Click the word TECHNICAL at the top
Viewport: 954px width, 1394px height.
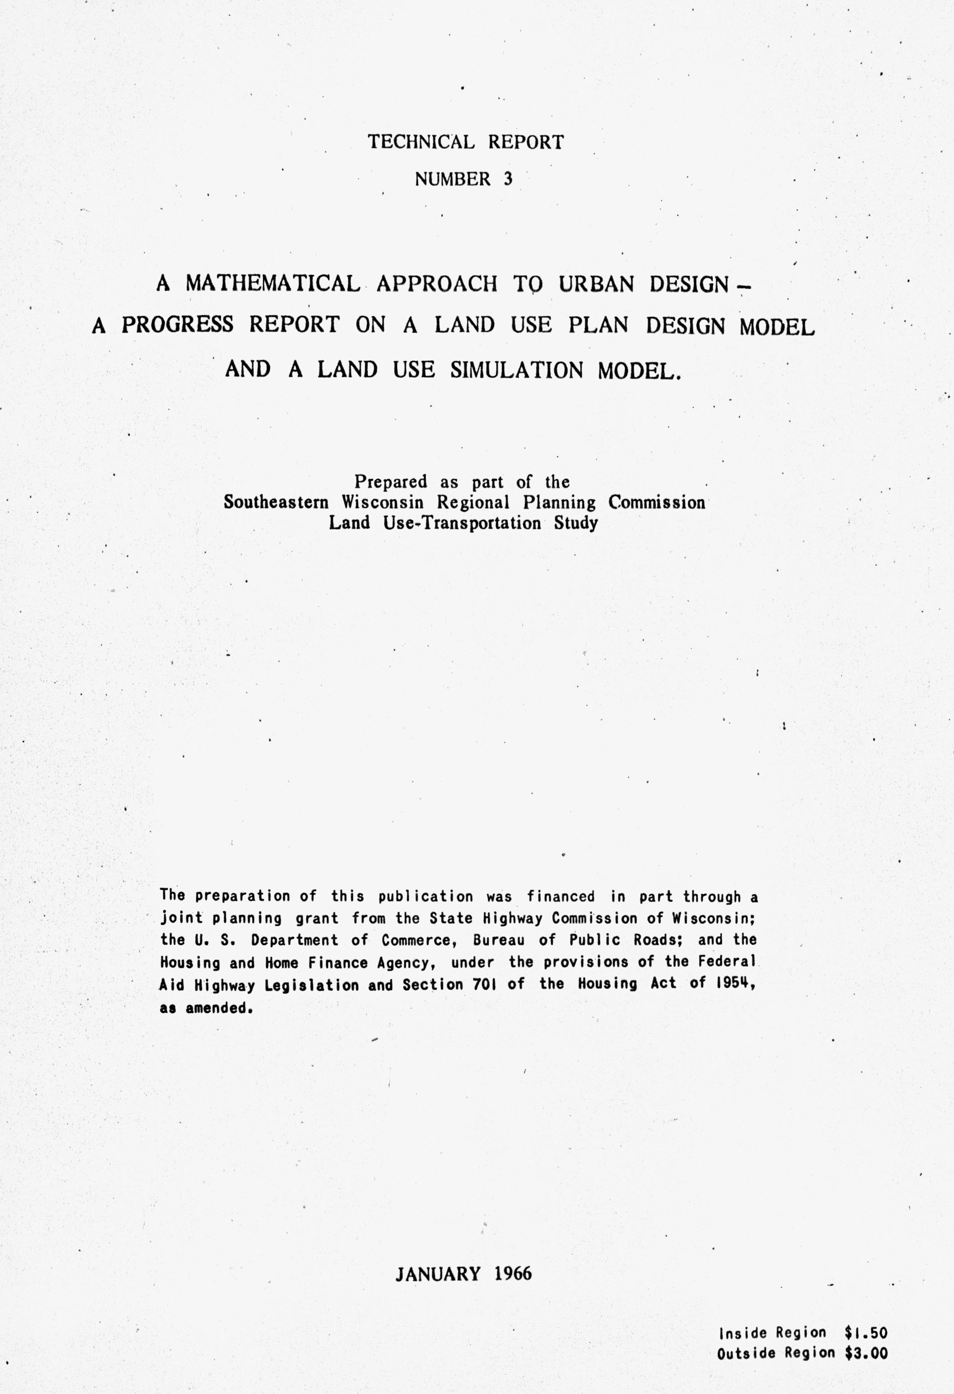click(421, 142)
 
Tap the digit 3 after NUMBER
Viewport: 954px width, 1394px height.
click(508, 179)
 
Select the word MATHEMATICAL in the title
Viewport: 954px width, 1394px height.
click(273, 283)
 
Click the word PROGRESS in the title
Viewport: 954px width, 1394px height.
click(178, 325)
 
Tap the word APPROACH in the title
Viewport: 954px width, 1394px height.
click(437, 284)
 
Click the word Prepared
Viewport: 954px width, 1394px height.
click(390, 482)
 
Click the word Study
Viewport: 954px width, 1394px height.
click(576, 523)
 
